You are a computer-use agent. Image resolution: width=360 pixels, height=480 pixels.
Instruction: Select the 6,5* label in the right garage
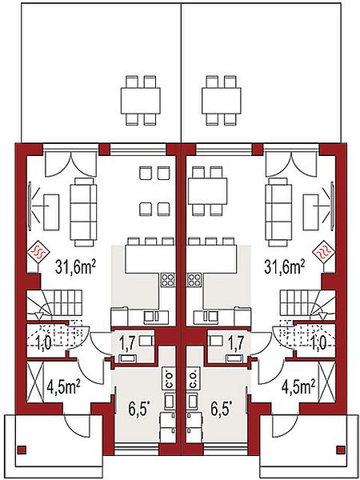tap(222, 410)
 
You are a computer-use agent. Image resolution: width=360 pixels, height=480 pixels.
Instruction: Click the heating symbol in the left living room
tap(38, 253)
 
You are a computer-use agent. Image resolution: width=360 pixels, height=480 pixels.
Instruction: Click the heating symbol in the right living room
tap(323, 253)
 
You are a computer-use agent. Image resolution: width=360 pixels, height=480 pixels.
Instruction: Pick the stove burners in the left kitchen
tap(167, 280)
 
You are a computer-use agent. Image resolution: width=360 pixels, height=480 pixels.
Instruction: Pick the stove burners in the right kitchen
tap(194, 280)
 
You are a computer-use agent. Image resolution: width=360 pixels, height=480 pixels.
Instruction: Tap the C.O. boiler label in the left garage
tap(170, 378)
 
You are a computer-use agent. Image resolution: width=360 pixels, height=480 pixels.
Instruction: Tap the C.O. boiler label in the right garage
tap(194, 378)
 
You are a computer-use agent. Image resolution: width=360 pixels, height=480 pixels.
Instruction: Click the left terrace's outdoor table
tap(141, 101)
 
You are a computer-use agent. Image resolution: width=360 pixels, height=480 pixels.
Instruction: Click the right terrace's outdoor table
tap(222, 101)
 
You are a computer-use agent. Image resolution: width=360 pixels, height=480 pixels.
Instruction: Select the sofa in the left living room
tap(83, 213)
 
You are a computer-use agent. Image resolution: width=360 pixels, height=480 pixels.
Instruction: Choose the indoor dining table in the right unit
tap(207, 192)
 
